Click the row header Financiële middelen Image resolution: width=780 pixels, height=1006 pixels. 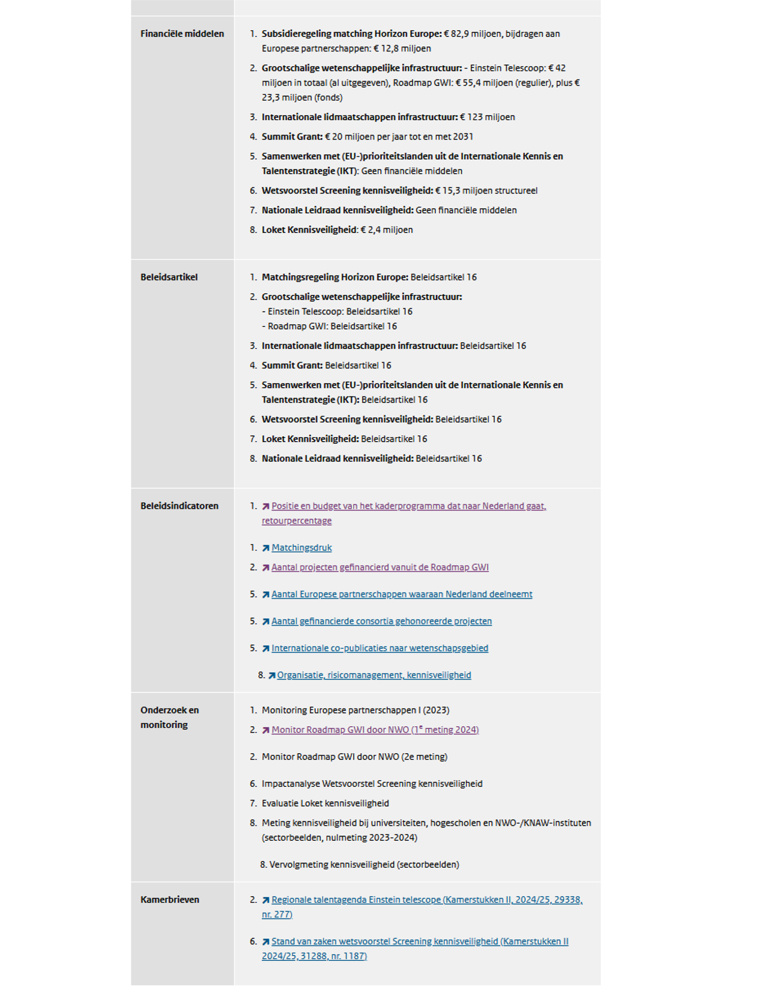pos(182,34)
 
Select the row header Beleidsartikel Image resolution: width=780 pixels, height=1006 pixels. pos(169,277)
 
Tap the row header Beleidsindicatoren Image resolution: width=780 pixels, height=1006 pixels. pos(179,506)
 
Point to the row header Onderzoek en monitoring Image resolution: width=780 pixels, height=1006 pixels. pos(169,717)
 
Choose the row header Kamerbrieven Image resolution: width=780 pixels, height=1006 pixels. pos(169,900)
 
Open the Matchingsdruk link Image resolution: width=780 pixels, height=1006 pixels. pos(301,548)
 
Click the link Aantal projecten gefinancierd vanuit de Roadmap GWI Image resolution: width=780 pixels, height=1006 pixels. pos(379,568)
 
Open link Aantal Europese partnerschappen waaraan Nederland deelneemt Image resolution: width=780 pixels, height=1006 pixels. pos(402,595)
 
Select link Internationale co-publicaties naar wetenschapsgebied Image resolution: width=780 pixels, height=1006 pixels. pos(379,649)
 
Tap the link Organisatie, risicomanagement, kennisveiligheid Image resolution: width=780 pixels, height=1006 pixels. pos(374,676)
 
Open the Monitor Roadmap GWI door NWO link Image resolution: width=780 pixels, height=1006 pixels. pos(375,730)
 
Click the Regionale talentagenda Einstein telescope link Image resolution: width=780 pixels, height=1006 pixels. pos(426,900)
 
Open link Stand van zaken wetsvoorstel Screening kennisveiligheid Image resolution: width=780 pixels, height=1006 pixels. pos(419,942)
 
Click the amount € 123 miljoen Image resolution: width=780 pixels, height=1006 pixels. pos(488,118)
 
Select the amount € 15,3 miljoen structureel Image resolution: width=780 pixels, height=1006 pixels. pos(486,191)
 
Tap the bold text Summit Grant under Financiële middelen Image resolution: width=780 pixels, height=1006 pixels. pos(292,137)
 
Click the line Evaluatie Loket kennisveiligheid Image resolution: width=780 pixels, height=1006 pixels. pos(325,804)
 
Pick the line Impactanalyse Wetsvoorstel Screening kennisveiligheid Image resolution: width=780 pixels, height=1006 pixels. pos(372,784)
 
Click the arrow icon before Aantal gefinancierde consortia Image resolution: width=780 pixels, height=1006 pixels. pos(265,622)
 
